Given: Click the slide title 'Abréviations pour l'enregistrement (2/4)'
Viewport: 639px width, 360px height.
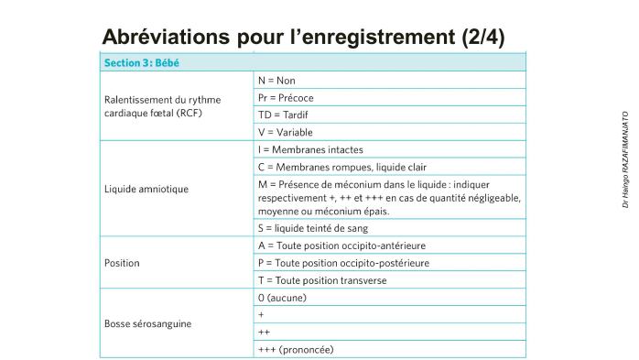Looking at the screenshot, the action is [303, 37].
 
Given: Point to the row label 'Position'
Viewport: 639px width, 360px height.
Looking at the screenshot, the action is [122, 263].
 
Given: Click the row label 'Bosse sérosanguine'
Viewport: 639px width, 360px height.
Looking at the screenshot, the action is [147, 323].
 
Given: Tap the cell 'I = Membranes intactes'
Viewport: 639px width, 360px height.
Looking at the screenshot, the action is [310, 149].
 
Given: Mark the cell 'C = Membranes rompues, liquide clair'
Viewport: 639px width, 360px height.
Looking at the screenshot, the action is [342, 167].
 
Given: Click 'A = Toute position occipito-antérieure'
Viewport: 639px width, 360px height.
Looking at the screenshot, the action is [341, 245].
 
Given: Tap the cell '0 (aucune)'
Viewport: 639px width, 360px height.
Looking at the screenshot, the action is [283, 298].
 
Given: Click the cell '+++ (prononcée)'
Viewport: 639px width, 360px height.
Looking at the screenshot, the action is [296, 349].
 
